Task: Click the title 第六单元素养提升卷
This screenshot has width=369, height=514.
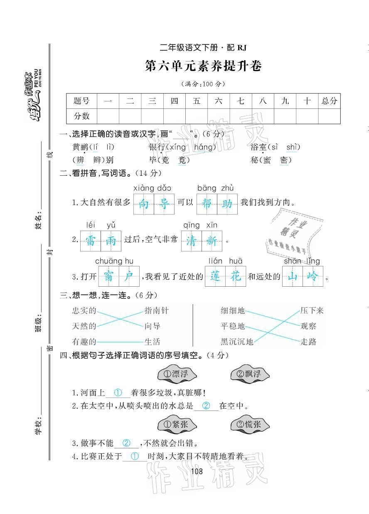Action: [x=203, y=66]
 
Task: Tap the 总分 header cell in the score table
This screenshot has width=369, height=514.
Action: [x=329, y=101]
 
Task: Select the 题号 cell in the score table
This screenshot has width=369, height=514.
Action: [x=81, y=101]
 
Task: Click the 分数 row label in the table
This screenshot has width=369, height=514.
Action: [x=81, y=116]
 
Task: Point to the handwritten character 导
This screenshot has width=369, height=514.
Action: [x=165, y=204]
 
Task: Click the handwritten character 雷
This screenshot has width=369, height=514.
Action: [x=90, y=241]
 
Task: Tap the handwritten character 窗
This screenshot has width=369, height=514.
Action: [x=108, y=276]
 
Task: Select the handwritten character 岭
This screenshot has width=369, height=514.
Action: [x=312, y=276]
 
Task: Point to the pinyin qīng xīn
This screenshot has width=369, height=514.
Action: [x=200, y=225]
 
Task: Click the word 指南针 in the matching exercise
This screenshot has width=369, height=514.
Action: [x=156, y=310]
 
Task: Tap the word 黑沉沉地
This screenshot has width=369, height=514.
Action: [x=236, y=342]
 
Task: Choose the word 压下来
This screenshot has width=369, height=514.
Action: [x=312, y=310]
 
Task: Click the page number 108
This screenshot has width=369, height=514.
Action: [x=197, y=471]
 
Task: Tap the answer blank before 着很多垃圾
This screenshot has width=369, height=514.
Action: [x=118, y=393]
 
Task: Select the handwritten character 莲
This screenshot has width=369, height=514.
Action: [x=215, y=276]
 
